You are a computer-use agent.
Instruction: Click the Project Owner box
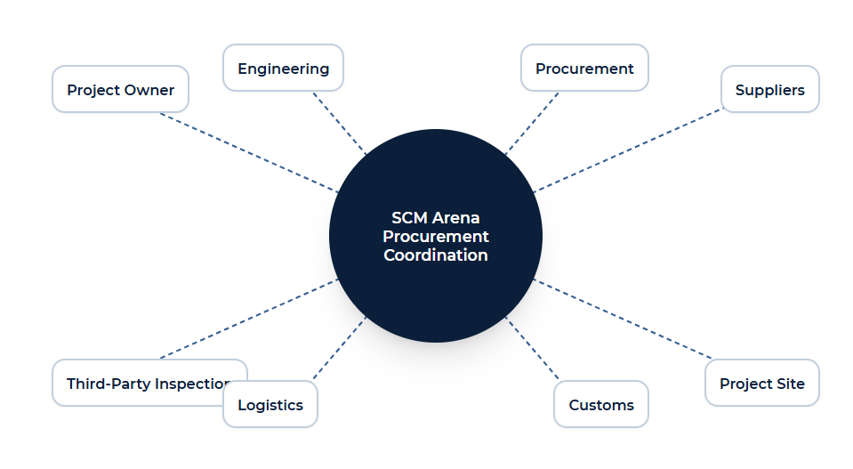120,89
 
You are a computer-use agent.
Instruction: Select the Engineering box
283,68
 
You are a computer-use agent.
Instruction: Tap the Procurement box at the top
584,68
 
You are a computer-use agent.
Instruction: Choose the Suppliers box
769,89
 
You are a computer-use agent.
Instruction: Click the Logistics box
270,404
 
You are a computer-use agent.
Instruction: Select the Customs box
601,404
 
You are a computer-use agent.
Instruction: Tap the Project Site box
761,383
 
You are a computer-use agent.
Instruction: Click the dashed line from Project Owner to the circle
249,153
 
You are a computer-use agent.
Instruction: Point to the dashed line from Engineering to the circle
340,123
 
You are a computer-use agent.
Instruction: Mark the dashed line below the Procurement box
532,123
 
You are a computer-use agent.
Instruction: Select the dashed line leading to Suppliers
628,150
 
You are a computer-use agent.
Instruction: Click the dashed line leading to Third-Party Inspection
249,319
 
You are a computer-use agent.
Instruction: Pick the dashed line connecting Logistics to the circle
340,348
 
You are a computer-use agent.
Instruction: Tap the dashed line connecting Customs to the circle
532,348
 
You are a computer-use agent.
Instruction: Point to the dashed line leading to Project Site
623,319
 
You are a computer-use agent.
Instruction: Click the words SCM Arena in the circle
435,218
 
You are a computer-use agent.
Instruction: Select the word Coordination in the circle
435,255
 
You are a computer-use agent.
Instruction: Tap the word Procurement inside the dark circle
435,236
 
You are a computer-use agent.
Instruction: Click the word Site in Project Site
791,384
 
